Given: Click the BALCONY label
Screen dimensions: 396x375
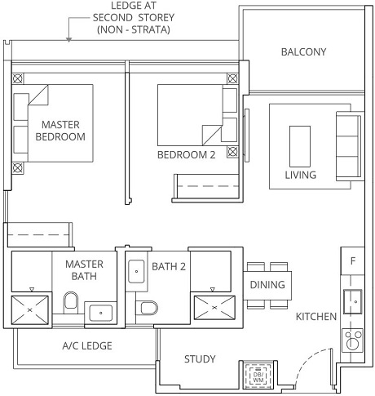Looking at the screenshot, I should (x=303, y=51).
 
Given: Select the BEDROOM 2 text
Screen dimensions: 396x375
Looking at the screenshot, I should (x=187, y=154).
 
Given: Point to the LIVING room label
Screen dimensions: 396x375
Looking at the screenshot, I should (x=300, y=175).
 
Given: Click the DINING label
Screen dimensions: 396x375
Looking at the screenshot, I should (x=267, y=285).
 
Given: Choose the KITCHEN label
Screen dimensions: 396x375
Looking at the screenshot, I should (x=315, y=316).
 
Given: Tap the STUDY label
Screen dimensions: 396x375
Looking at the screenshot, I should (x=200, y=358).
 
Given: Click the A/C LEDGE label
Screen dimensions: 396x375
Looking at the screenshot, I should (x=87, y=345).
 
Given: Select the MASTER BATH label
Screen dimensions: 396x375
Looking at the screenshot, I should (x=84, y=270).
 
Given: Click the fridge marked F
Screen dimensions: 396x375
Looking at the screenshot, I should (x=352, y=262).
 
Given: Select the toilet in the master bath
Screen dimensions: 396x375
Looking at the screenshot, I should (x=70, y=306).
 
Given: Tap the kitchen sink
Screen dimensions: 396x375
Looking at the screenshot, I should (x=353, y=300).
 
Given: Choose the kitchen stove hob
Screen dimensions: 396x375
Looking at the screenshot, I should (x=353, y=339).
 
